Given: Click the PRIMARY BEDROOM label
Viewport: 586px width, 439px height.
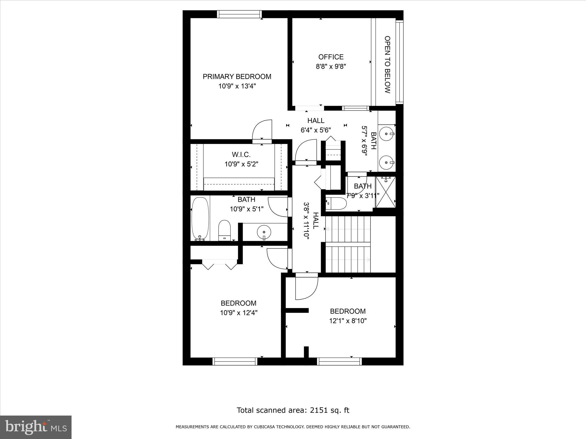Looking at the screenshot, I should [237, 77].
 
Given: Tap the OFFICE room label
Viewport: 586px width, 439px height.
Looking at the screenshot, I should [331, 57].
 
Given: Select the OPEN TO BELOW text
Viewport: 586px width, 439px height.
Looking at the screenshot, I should [387, 65].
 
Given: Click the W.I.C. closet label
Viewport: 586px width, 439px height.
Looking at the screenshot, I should [241, 155].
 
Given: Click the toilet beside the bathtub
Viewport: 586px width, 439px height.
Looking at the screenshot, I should [224, 230].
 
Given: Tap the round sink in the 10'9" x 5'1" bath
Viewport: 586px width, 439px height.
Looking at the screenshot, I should [264, 232].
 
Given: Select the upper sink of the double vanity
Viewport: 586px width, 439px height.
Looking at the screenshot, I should [386, 133].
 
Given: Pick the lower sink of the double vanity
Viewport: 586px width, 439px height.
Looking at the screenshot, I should [386, 162].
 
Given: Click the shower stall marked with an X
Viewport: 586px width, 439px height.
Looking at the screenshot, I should [385, 192].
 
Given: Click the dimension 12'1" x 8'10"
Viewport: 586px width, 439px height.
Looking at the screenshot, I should [348, 321].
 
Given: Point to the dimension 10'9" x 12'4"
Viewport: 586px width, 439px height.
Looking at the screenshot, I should [239, 313].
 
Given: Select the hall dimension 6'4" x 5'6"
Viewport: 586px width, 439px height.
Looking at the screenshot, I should [316, 130].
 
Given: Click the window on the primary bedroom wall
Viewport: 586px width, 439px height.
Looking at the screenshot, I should [239, 14].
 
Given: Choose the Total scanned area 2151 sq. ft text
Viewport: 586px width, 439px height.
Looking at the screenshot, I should [293, 410].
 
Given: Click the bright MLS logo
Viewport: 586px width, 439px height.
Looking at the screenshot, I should [35, 427].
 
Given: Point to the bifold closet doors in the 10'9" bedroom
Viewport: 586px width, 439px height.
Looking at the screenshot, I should [219, 265].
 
